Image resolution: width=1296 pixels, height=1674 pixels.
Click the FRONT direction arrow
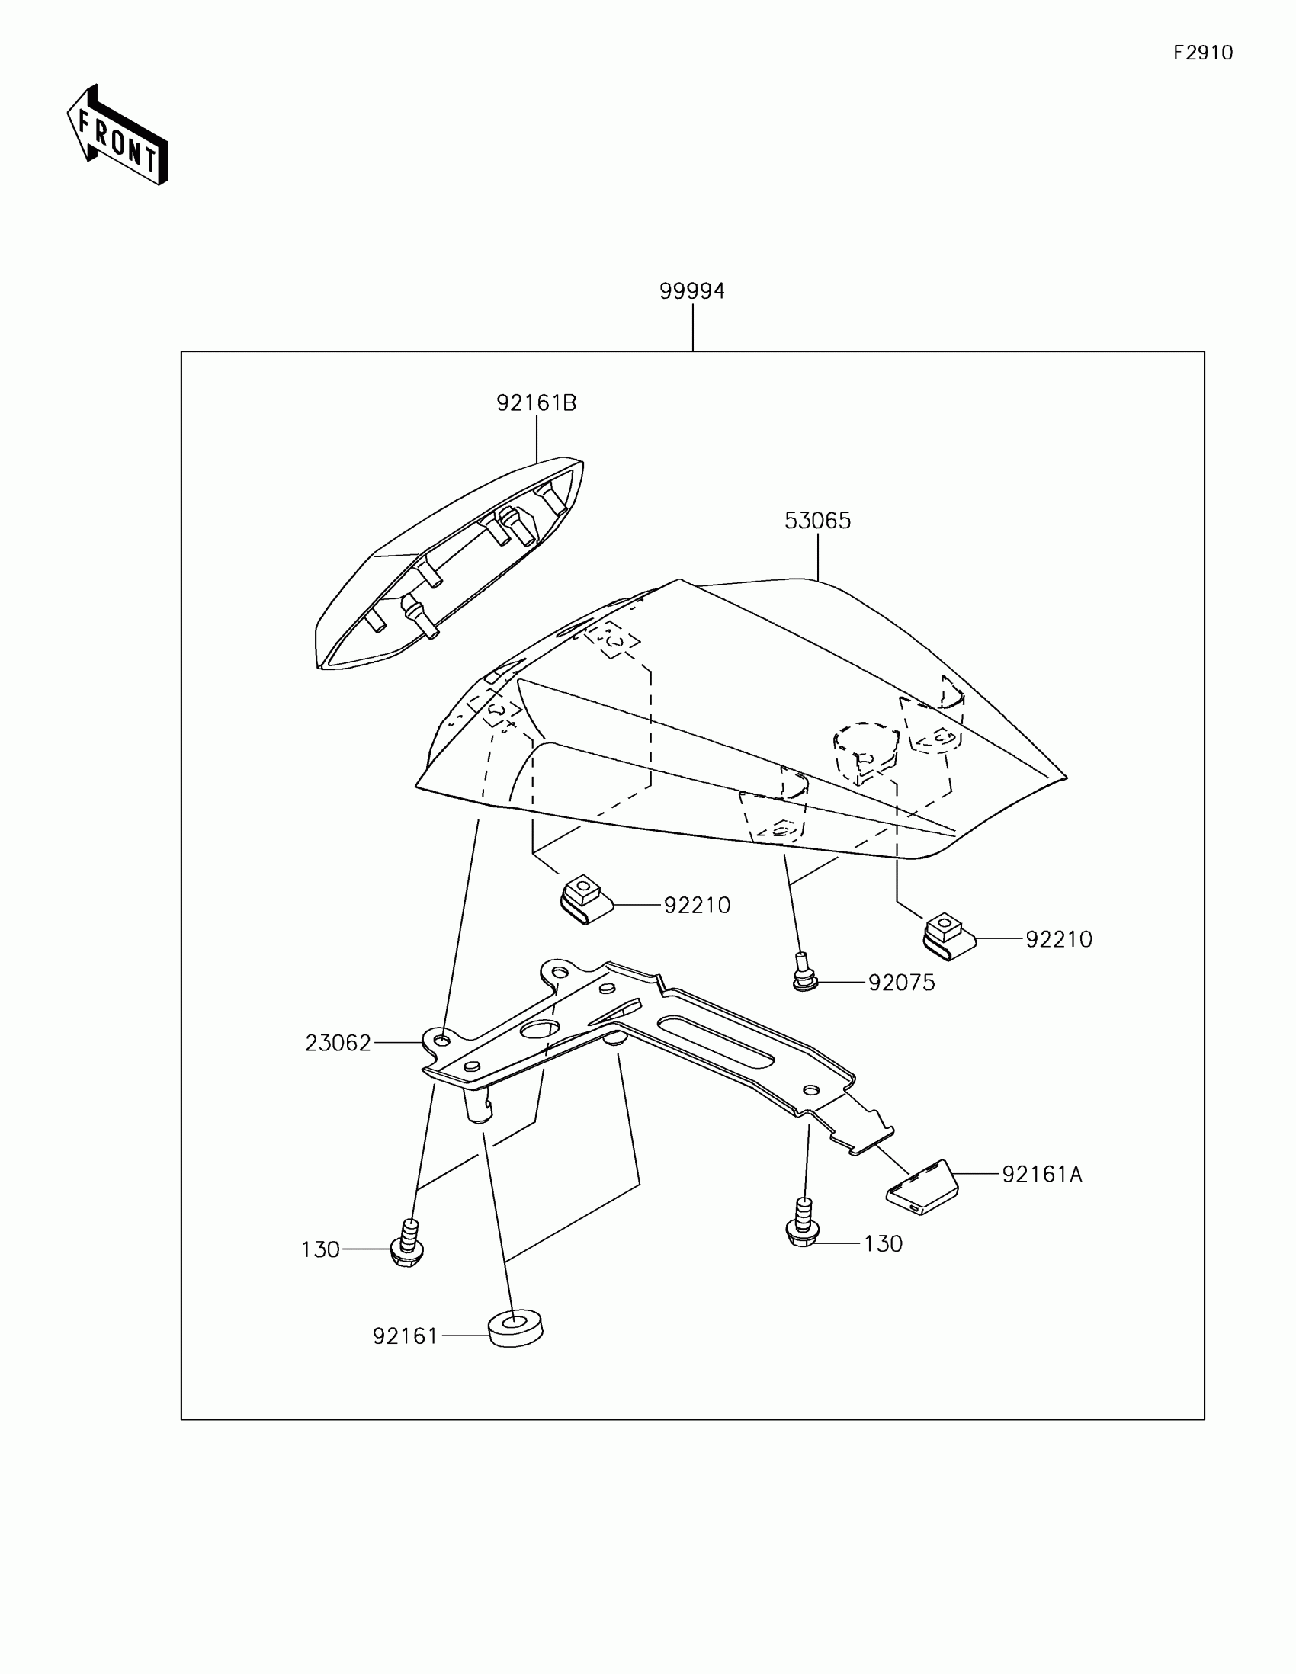(x=117, y=136)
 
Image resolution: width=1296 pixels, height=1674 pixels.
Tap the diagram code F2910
(x=1202, y=53)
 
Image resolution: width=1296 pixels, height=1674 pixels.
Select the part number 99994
(x=691, y=291)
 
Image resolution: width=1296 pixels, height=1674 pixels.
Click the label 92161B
(x=536, y=403)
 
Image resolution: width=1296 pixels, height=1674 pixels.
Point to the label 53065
(x=817, y=521)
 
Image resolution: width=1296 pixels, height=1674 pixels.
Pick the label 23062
(x=338, y=1043)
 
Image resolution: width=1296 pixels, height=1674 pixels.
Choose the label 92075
(x=901, y=983)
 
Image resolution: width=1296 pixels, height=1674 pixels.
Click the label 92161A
(x=1041, y=1174)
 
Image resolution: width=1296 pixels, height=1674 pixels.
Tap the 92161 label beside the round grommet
(x=405, y=1337)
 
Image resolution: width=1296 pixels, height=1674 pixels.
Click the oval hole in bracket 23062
(x=540, y=1029)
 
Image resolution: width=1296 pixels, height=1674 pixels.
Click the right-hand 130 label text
(x=883, y=1243)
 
